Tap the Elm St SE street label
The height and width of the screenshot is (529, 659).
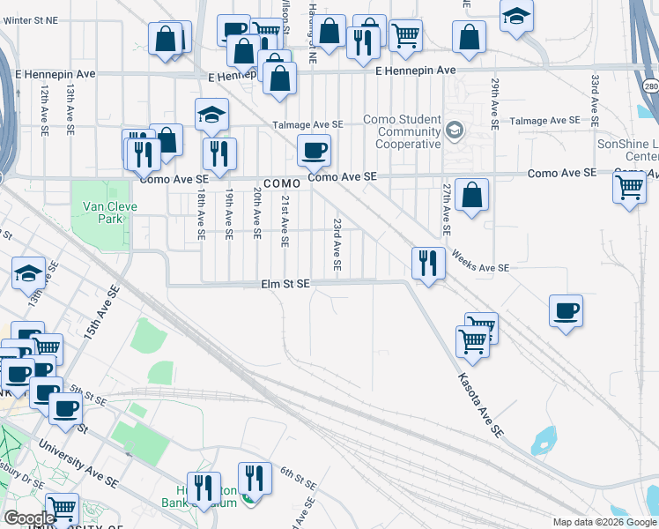285,284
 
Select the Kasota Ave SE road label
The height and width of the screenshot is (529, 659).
479,406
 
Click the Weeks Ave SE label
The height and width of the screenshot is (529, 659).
480,261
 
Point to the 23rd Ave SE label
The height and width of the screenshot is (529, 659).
337,244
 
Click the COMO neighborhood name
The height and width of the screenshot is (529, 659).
280,183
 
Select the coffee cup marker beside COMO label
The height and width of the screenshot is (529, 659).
315,150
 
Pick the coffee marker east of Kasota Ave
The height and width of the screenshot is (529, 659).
566,310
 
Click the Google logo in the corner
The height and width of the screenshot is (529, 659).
29,518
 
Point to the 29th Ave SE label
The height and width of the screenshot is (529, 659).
496,99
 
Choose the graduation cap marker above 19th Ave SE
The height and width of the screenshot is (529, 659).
211,116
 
